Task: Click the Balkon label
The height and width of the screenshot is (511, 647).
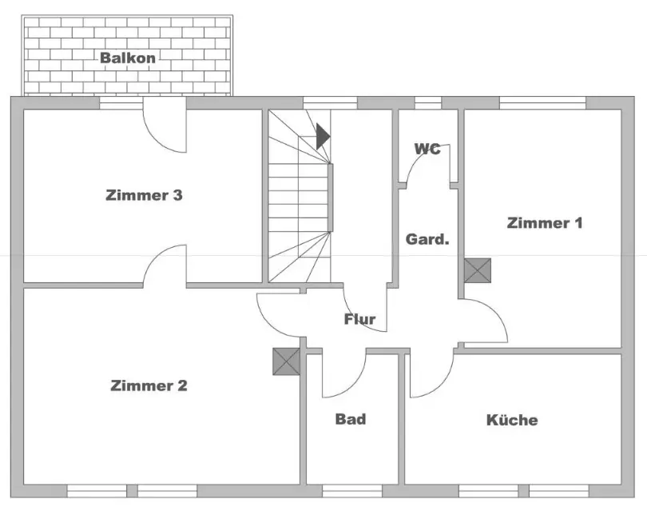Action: [x=128, y=58]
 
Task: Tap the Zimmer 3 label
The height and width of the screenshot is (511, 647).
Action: [x=145, y=194]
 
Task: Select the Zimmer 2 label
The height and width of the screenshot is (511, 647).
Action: [x=149, y=385]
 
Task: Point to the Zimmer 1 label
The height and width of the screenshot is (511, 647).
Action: [x=545, y=222]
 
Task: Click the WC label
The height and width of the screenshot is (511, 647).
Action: [x=427, y=149]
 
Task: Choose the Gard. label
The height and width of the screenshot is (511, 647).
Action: [x=427, y=239]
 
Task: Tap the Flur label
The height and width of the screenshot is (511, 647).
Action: [x=359, y=319]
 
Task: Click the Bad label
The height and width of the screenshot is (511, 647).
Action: [x=351, y=418]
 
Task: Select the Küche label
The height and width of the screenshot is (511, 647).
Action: [x=512, y=419]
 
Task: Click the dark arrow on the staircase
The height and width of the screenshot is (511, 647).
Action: [x=322, y=136]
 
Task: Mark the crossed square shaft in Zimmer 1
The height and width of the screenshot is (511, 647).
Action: [x=478, y=270]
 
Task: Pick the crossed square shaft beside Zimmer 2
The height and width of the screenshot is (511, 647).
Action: [x=285, y=361]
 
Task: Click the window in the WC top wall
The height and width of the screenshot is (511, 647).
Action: [x=428, y=102]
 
